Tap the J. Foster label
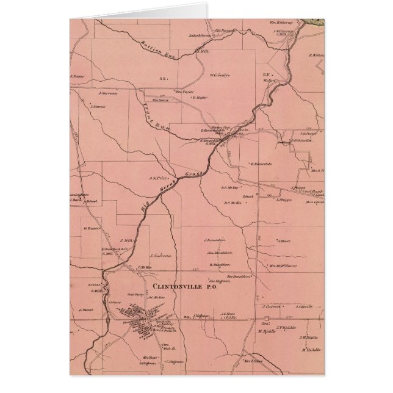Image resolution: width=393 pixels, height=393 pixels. click(77, 77)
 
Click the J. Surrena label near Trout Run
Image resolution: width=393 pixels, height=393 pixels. click(107, 93)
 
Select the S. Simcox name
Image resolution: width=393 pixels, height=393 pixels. click(98, 107)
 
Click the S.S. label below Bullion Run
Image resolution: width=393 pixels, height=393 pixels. click(162, 79)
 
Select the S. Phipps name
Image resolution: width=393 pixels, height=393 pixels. click(285, 199)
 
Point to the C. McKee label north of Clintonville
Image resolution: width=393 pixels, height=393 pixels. click(145, 267)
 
